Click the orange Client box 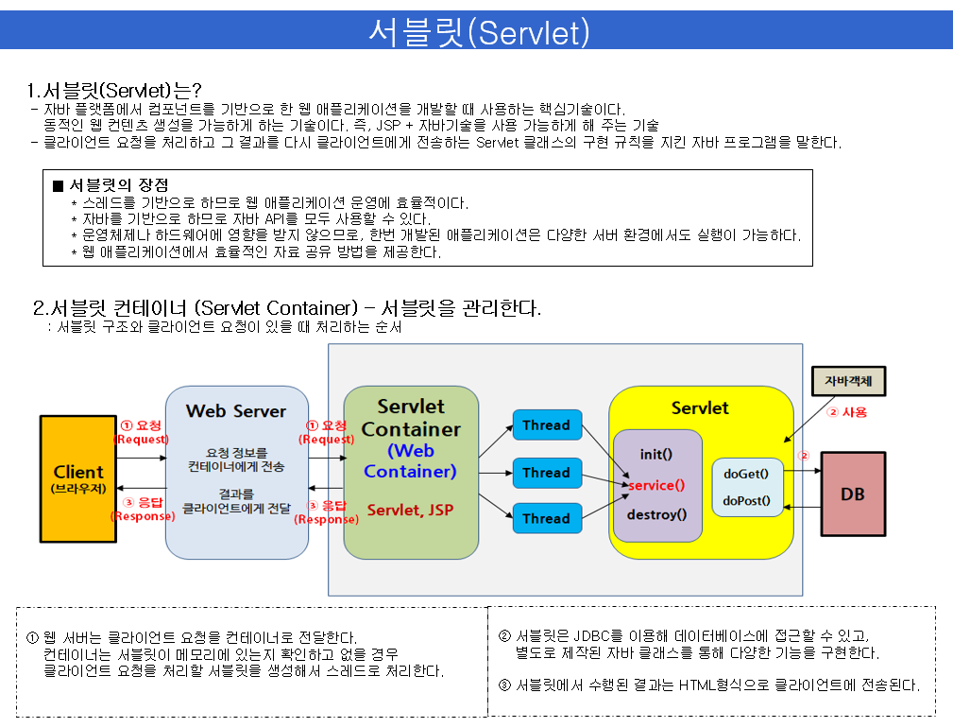point(78,477)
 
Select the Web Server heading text point(235,411)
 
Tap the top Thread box point(546,425)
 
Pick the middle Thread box point(546,473)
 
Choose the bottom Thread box point(546,518)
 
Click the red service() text point(656,485)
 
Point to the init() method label point(656,455)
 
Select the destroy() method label point(656,515)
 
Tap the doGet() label point(746,474)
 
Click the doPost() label point(746,501)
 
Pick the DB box point(853,494)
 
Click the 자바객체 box point(848,381)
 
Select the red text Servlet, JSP point(410,510)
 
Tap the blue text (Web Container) point(410,460)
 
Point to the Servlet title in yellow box point(700,408)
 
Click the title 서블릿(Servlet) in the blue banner point(478,31)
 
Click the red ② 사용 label point(846,412)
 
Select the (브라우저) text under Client point(78,489)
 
